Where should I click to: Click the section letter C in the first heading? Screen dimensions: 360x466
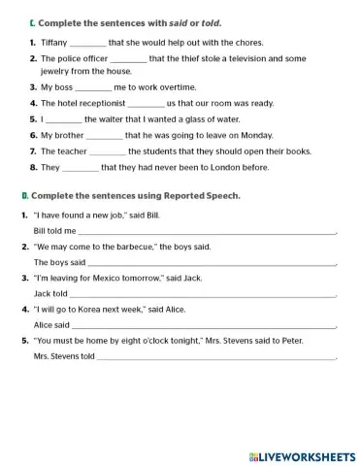(33, 22)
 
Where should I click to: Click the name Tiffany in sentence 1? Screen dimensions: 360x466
(54, 43)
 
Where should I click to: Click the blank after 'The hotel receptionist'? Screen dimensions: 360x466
(147, 102)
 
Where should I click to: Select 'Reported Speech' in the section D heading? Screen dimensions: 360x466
(205, 196)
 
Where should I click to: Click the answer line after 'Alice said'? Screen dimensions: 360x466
(203, 325)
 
